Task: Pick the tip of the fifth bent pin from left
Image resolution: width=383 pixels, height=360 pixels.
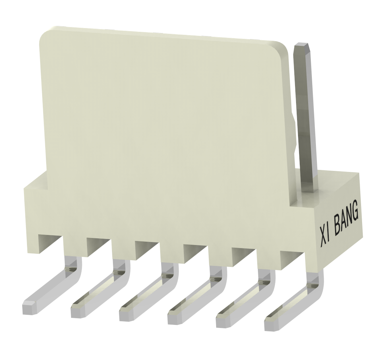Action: point(223,322)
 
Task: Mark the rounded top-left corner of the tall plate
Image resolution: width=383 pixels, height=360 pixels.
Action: point(46,34)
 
